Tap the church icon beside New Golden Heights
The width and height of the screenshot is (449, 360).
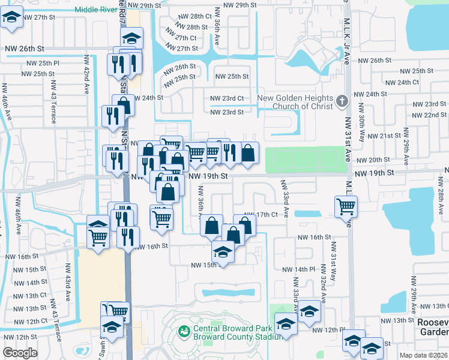[342, 100]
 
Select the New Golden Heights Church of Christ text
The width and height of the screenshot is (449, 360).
[295, 103]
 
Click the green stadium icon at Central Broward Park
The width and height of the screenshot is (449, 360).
[184, 330]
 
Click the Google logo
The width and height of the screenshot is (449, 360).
[20, 353]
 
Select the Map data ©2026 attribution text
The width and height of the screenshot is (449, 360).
[423, 355]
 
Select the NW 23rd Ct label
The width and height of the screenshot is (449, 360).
[227, 98]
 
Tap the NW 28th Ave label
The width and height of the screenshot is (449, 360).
[439, 197]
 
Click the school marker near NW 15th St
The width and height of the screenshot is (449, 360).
[222, 253]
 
